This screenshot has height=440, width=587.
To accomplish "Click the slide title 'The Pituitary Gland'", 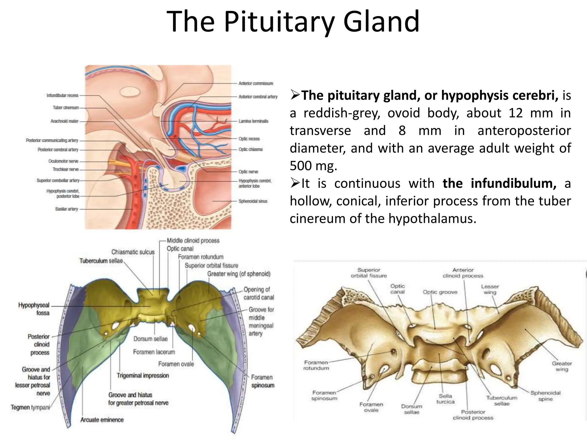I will pyautogui.click(x=293, y=21).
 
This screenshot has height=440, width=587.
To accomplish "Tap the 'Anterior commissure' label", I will pyautogui.click(x=256, y=83).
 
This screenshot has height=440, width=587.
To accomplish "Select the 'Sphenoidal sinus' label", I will pyautogui.click(x=253, y=201).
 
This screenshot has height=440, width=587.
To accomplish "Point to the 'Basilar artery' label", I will pyautogui.click(x=66, y=209).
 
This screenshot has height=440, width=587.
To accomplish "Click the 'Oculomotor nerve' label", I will pyautogui.click(x=63, y=161).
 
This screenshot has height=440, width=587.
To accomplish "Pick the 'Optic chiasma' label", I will pyautogui.click(x=251, y=150).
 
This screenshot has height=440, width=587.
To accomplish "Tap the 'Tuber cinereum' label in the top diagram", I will pyautogui.click(x=66, y=108).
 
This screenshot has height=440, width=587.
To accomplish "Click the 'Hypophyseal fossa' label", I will pyautogui.click(x=34, y=309).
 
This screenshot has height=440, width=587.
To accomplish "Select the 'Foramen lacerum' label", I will pyautogui.click(x=154, y=352).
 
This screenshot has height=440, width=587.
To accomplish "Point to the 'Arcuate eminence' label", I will pyautogui.click(x=102, y=420).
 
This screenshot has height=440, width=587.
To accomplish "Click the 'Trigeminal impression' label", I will pyautogui.click(x=143, y=376).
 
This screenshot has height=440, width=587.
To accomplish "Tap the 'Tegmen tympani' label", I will pyautogui.click(x=30, y=407).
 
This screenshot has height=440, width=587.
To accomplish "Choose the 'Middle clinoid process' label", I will pyautogui.click(x=193, y=241).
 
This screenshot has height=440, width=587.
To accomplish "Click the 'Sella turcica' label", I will pyautogui.click(x=445, y=399).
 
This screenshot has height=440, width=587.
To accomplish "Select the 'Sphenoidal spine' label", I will pyautogui.click(x=545, y=396).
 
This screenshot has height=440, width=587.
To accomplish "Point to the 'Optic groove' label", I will pyautogui.click(x=440, y=292).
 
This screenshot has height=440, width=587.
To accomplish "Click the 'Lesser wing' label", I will pyautogui.click(x=490, y=289).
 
